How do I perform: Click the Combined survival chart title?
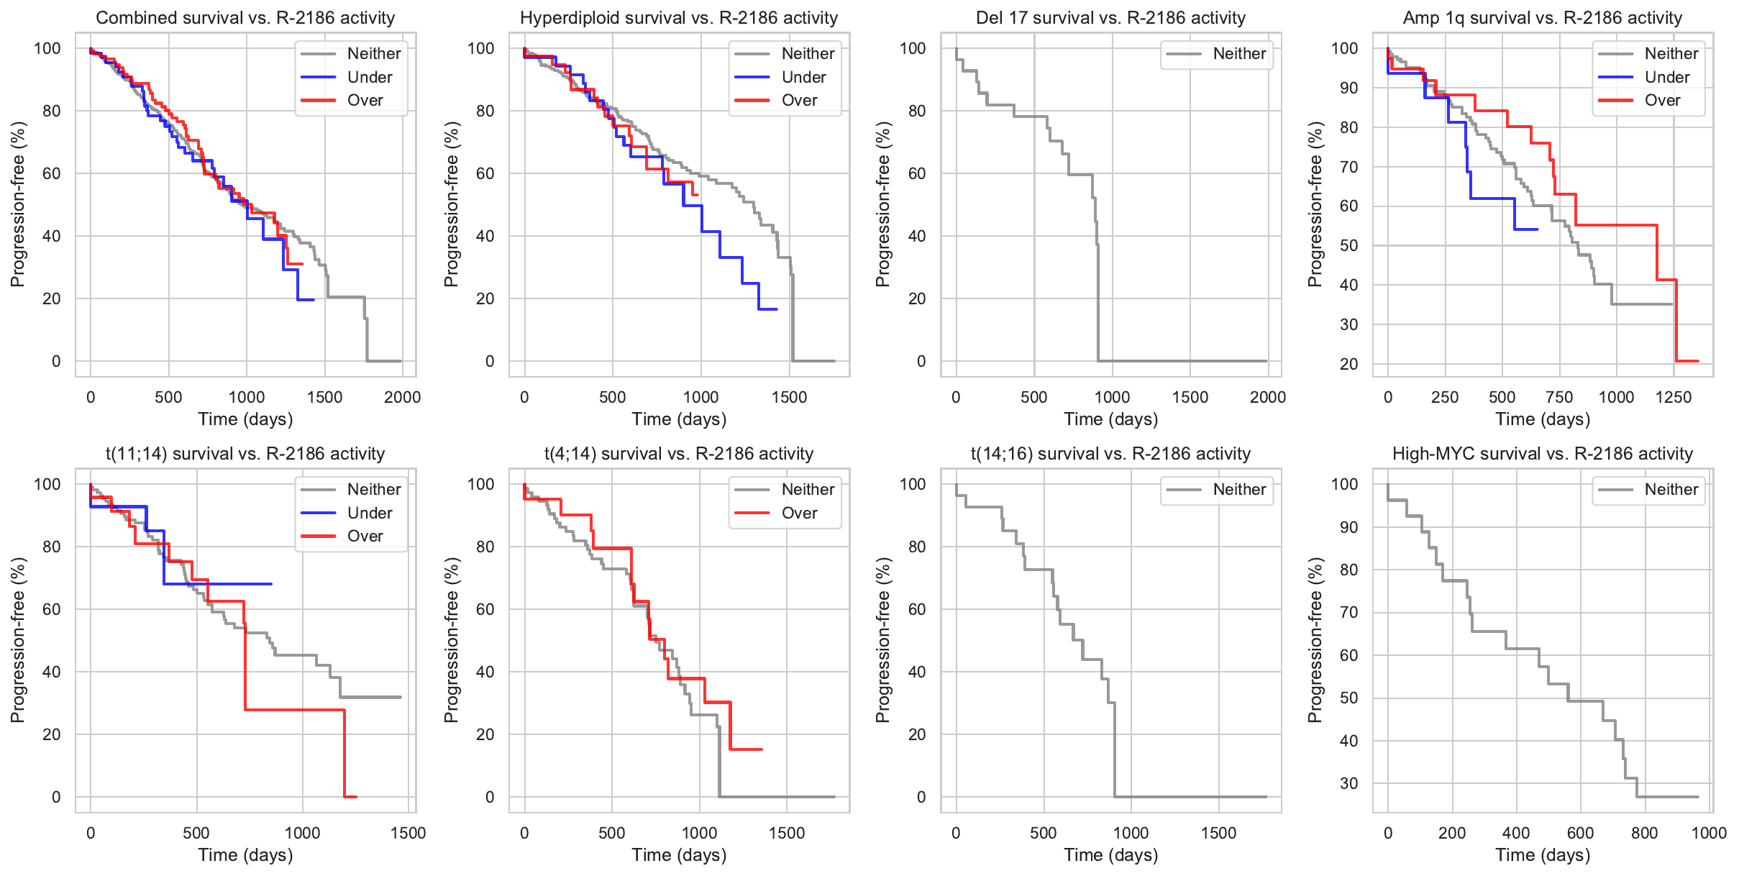(x=245, y=18)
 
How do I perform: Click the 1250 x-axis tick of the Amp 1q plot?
(x=1674, y=397)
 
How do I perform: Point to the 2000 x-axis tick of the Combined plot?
(x=402, y=397)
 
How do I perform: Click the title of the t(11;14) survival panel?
(x=245, y=454)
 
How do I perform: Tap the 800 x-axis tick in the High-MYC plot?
(x=1644, y=833)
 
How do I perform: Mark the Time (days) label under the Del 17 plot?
(x=1110, y=419)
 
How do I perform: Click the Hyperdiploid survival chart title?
(x=679, y=18)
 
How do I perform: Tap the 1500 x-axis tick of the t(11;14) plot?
(x=408, y=833)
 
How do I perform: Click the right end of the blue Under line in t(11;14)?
(x=271, y=584)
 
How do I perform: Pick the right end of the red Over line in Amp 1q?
(x=1697, y=361)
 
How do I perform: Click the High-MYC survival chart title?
(x=1542, y=454)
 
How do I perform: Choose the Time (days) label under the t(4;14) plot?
(x=679, y=855)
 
